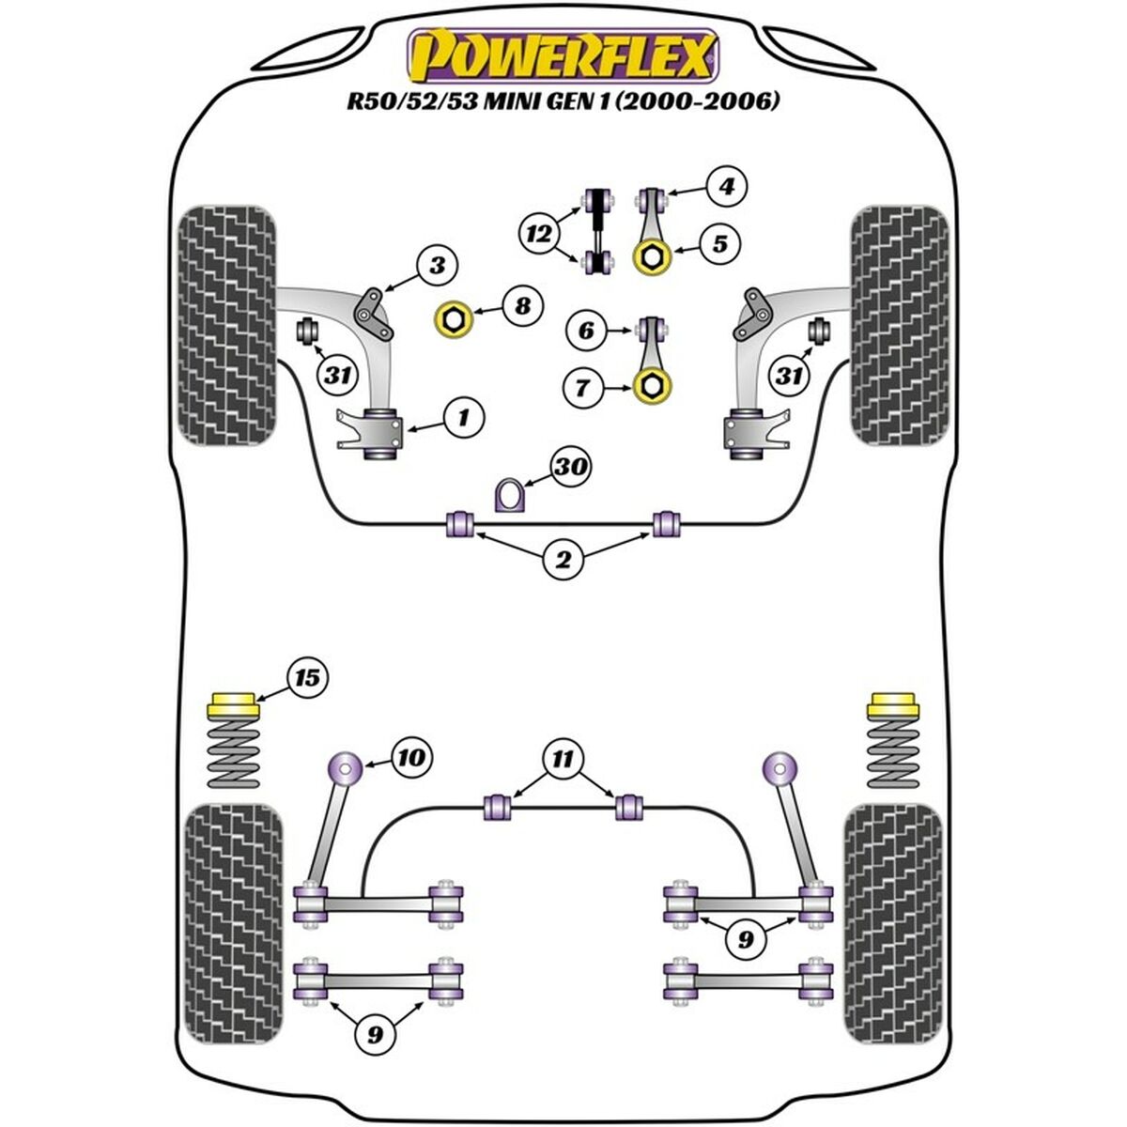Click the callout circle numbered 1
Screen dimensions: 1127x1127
[x=463, y=414]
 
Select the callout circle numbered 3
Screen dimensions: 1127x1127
[x=437, y=266]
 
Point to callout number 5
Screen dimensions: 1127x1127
[x=719, y=244]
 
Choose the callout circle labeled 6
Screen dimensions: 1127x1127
[x=587, y=330]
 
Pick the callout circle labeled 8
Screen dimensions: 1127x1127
[x=521, y=305]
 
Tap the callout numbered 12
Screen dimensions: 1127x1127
[x=540, y=233]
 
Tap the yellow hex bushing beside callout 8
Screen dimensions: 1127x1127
[x=453, y=321]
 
